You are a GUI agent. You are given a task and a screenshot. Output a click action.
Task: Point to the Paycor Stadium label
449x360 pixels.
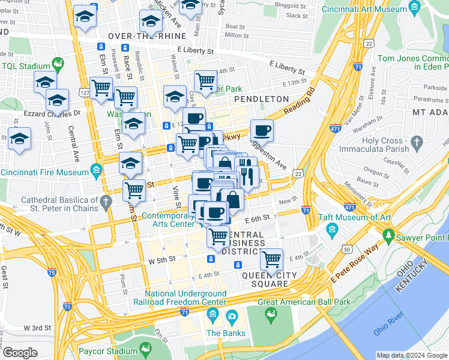[109, 351]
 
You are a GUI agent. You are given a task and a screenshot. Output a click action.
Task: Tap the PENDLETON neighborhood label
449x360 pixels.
[262, 98]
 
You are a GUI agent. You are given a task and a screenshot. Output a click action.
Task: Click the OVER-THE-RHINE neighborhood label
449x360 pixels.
[139, 36]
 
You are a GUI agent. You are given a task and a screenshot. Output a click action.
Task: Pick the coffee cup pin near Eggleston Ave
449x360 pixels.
[261, 130]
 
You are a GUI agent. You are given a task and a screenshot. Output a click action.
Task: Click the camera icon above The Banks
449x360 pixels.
[232, 316]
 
